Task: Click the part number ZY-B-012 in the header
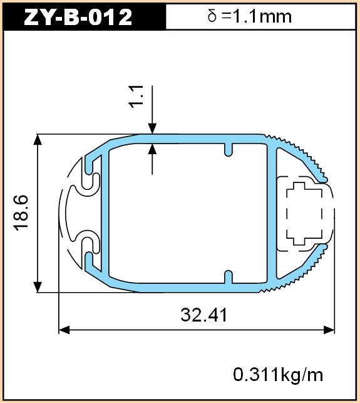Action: pos(78,17)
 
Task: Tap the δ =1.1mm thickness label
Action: pos(249,16)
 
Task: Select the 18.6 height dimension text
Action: pos(21,213)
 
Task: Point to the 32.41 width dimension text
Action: pos(204,315)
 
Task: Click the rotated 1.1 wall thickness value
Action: pos(135,97)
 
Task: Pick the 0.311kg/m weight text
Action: pos(278,375)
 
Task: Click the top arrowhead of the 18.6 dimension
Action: pos(38,140)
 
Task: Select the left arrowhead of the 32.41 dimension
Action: pos(64,330)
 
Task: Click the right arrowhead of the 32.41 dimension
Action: pos(329,330)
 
